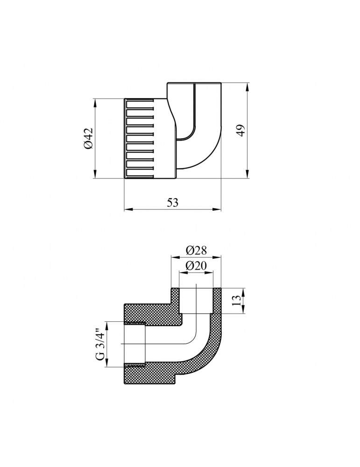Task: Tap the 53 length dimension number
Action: click(x=172, y=203)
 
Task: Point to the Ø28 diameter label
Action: click(x=196, y=250)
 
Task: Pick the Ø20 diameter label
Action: click(x=196, y=266)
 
